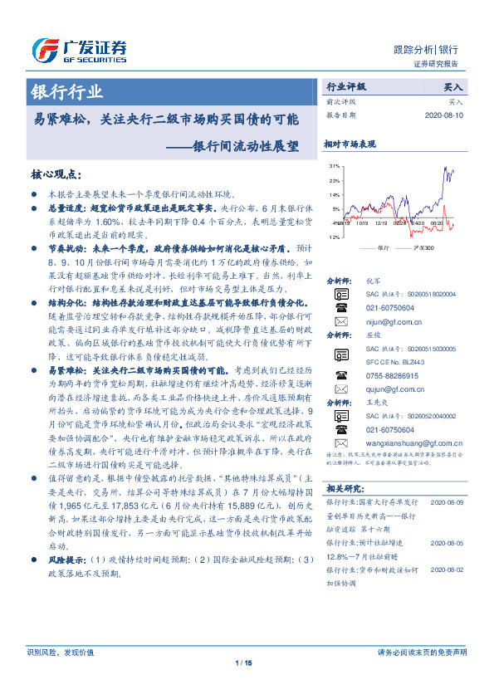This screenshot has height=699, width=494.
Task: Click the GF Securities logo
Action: (x=79, y=48)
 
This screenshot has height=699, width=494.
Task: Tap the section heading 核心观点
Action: (x=56, y=175)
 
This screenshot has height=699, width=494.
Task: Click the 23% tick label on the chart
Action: (x=335, y=179)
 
